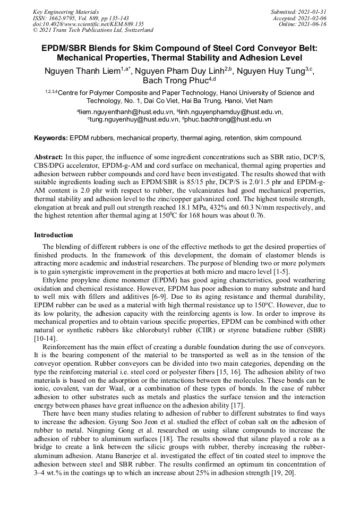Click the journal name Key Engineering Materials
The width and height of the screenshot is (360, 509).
click(x=65, y=11)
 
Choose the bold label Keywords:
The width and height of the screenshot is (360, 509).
click(x=51, y=138)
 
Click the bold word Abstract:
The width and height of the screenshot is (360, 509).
click(x=48, y=158)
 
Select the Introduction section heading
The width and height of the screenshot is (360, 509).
click(x=54, y=235)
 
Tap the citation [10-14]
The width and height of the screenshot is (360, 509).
click(x=45, y=338)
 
